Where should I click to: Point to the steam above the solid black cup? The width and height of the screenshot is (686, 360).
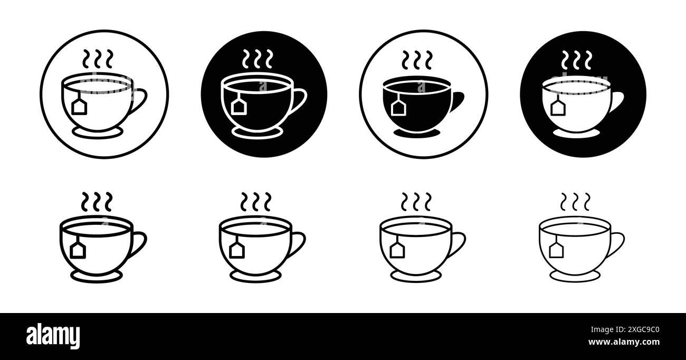(x=416, y=60)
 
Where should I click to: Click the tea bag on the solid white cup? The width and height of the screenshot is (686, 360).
(x=557, y=108)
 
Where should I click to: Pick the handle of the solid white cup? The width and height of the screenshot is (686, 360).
(x=616, y=101)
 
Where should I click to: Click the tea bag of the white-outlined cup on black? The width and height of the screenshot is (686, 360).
(x=239, y=107)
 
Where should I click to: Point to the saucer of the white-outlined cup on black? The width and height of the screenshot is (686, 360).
(x=256, y=132)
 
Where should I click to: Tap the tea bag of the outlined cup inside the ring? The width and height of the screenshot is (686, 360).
(x=79, y=107)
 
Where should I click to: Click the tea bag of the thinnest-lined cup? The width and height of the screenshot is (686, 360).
(x=555, y=249)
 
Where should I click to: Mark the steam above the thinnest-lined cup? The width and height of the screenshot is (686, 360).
(x=575, y=202)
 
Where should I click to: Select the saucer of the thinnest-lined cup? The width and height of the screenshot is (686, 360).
(x=574, y=276)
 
